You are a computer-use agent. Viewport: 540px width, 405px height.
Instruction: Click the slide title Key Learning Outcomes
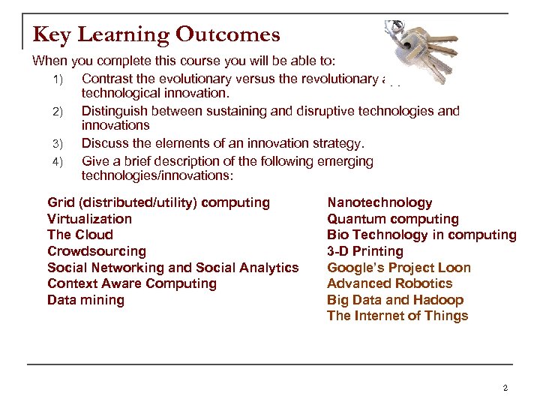click(x=156, y=34)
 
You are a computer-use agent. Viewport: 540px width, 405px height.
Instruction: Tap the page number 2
click(x=505, y=388)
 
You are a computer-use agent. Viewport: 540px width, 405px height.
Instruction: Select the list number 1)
click(x=61, y=79)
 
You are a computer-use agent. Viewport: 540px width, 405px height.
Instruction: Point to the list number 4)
click(x=61, y=161)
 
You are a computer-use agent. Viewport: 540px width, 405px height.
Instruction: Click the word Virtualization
click(x=89, y=219)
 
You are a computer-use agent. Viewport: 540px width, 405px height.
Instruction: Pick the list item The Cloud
click(x=79, y=235)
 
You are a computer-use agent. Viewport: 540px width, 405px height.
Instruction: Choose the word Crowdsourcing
click(x=96, y=251)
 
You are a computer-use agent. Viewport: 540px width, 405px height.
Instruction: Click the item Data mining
click(x=85, y=300)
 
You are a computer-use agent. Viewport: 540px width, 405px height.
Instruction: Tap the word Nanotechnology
click(x=379, y=202)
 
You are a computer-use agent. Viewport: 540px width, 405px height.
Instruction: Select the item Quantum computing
click(x=392, y=219)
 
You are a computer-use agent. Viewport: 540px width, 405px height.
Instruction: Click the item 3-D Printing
click(x=364, y=251)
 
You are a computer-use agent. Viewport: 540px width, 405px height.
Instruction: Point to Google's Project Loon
click(x=398, y=268)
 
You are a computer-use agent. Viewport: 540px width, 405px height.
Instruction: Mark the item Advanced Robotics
click(x=389, y=283)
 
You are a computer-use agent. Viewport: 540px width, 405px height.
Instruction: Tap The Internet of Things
click(x=397, y=316)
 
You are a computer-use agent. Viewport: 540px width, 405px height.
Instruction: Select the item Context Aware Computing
click(x=131, y=283)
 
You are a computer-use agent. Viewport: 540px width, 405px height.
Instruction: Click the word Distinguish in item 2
click(x=114, y=111)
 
